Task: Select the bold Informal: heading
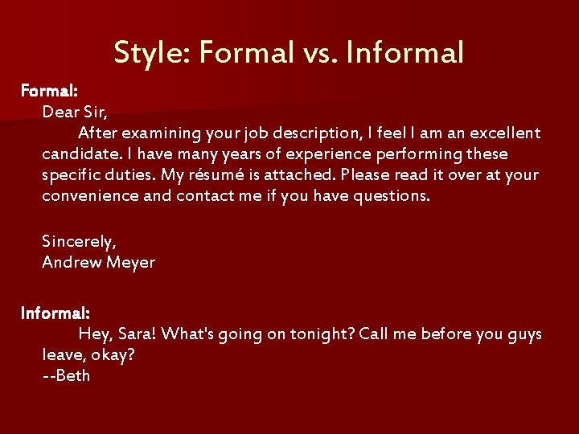(55, 313)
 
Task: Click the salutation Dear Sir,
(74, 112)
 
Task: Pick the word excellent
(501, 133)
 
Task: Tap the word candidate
(81, 154)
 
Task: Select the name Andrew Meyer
(99, 262)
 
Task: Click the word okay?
(113, 355)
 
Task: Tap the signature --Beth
(67, 376)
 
